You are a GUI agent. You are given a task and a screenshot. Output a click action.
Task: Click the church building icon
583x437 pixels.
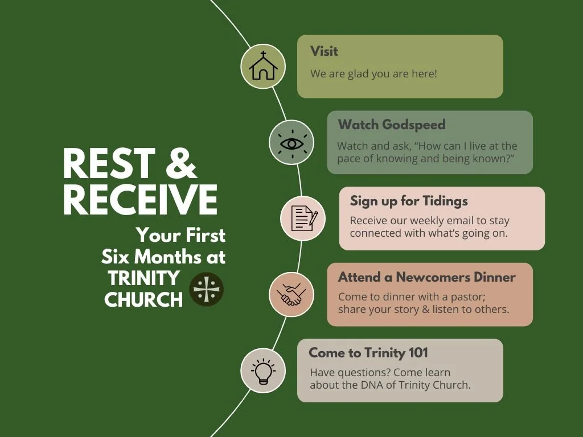click(262, 67)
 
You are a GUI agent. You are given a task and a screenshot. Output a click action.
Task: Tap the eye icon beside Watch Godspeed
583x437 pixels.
click(291, 143)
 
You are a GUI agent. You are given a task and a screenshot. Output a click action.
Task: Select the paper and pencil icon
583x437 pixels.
click(303, 218)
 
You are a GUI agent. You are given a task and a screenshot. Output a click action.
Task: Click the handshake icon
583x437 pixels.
click(291, 295)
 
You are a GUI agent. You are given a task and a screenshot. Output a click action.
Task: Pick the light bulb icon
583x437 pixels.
click(262, 370)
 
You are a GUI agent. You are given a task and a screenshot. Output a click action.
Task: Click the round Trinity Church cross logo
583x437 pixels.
click(206, 290)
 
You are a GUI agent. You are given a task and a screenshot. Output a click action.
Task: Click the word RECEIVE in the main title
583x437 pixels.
click(140, 199)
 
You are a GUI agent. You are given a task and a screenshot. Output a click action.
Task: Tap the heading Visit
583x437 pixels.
click(324, 51)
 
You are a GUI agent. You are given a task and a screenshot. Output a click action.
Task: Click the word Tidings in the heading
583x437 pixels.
click(445, 201)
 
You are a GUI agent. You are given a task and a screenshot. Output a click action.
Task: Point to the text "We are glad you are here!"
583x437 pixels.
click(373, 74)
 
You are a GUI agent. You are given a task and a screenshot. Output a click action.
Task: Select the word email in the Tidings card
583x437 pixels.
click(459, 220)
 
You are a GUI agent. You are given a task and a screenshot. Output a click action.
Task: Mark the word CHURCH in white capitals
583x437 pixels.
click(143, 299)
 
